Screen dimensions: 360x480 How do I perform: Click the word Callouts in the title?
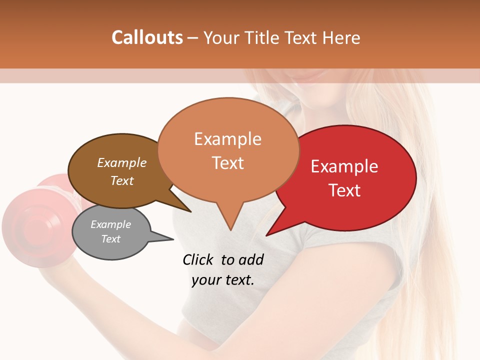click(x=147, y=37)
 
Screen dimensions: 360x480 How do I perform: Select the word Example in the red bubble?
click(x=344, y=166)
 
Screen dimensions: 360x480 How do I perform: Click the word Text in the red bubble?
click(x=345, y=190)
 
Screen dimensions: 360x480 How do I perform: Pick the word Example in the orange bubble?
click(x=227, y=139)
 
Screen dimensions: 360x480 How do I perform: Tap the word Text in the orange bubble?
click(x=228, y=163)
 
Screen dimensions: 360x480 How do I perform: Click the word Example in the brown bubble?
click(x=122, y=162)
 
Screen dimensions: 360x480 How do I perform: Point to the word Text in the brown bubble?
click(x=122, y=180)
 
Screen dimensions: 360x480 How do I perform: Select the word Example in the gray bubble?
click(x=110, y=224)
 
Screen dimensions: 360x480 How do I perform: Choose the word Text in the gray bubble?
click(x=110, y=239)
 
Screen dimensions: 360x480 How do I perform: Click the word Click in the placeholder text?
click(x=199, y=259)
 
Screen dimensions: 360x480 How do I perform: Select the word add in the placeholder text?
click(x=251, y=259)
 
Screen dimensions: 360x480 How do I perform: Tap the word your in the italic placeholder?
click(x=205, y=280)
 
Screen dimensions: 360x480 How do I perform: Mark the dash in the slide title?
click(x=193, y=38)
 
